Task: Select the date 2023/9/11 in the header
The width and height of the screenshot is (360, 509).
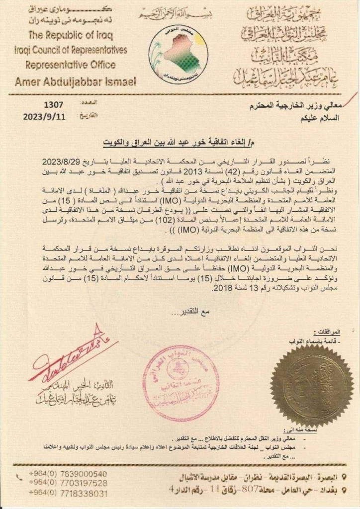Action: tap(45, 117)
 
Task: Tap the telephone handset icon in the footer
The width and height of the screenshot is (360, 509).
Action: tap(19, 477)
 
